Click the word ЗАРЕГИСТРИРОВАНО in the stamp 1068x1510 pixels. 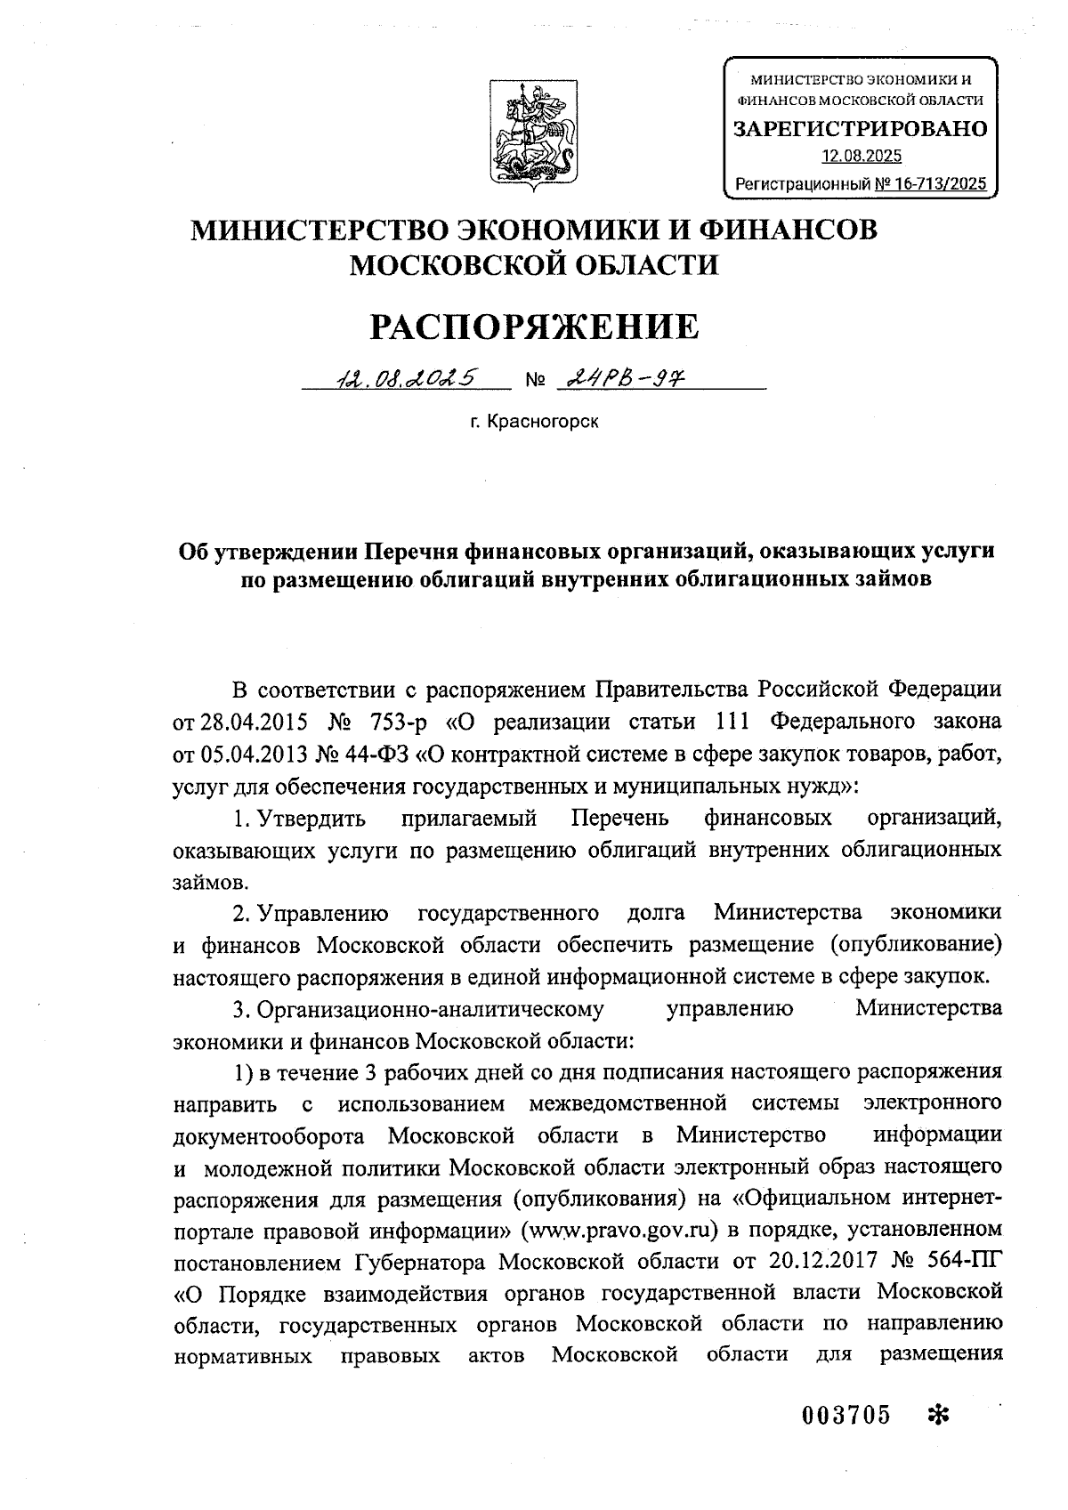point(860,129)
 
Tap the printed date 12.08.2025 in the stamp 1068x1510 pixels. point(861,157)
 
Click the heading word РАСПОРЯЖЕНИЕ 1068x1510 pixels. point(534,327)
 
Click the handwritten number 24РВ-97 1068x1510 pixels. point(624,378)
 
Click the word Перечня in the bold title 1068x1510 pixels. point(410,552)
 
